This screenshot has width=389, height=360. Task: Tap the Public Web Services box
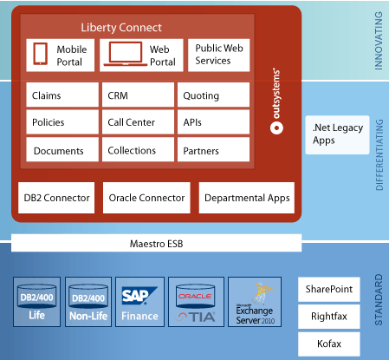coord(218,56)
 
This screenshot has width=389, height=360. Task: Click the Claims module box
coord(62,95)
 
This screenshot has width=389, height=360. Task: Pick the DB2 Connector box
coord(56,198)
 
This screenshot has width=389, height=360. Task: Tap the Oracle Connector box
coord(146,198)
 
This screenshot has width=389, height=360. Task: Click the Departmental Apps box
coord(246,198)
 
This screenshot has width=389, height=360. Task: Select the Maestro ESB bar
coord(157,243)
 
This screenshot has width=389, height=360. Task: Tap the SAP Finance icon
coord(140,301)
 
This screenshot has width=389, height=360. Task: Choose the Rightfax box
coord(328,316)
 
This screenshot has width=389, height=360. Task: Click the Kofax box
coord(328,344)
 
